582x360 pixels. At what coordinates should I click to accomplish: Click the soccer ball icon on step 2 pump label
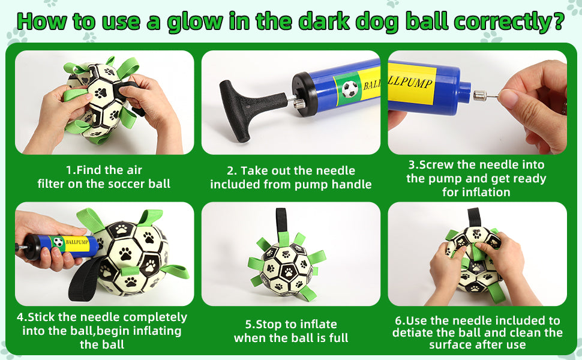350,89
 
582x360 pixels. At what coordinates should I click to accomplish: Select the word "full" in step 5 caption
337,338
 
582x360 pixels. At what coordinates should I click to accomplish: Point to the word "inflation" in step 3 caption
485,192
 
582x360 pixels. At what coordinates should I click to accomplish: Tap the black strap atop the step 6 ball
475,216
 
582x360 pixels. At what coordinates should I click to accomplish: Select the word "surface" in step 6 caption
452,344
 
